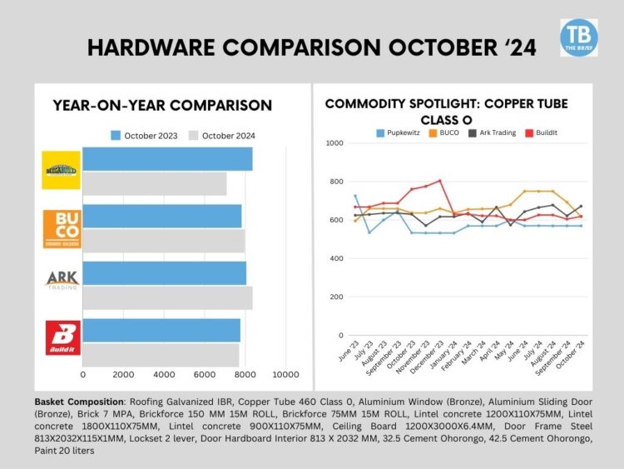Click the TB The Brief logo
coord(578,37)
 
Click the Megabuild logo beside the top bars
coord(62,170)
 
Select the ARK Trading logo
coord(62,280)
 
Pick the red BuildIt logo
coord(62,337)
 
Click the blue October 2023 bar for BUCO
coord(162,216)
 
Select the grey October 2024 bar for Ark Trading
coord(167,297)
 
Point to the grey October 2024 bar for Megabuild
coord(155,183)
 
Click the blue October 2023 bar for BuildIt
coord(161,330)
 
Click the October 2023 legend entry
coord(142,135)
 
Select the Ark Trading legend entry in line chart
coord(499,132)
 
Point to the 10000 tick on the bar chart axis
coord(285,373)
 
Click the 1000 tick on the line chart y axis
coord(335,143)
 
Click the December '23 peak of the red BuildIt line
coord(439,180)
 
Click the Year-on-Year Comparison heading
coord(162,105)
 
